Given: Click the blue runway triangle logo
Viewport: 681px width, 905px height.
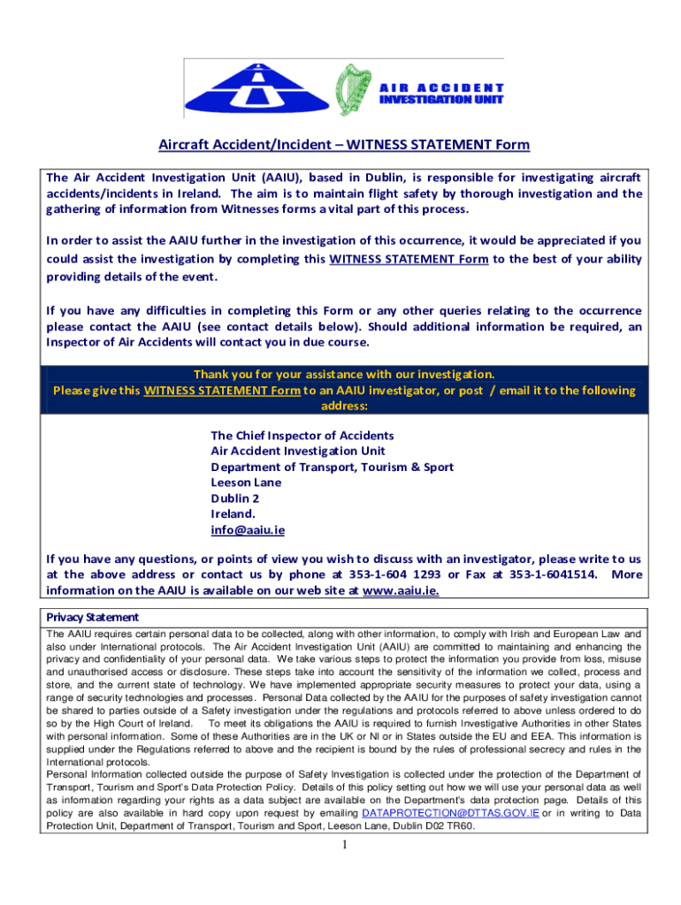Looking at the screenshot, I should click(257, 91).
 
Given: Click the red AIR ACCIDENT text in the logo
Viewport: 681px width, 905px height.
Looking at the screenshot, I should click(441, 88).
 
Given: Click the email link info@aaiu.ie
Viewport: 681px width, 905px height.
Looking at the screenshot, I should click(248, 530).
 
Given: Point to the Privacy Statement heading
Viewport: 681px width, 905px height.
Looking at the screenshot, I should click(92, 617).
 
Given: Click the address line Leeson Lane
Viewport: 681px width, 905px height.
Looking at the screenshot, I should click(246, 483).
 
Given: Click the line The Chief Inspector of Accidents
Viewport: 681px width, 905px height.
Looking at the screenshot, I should click(302, 435).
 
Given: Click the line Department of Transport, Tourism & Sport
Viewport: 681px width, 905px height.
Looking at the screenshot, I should click(333, 467).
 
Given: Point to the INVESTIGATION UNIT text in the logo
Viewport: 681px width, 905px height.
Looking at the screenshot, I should click(441, 101).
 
